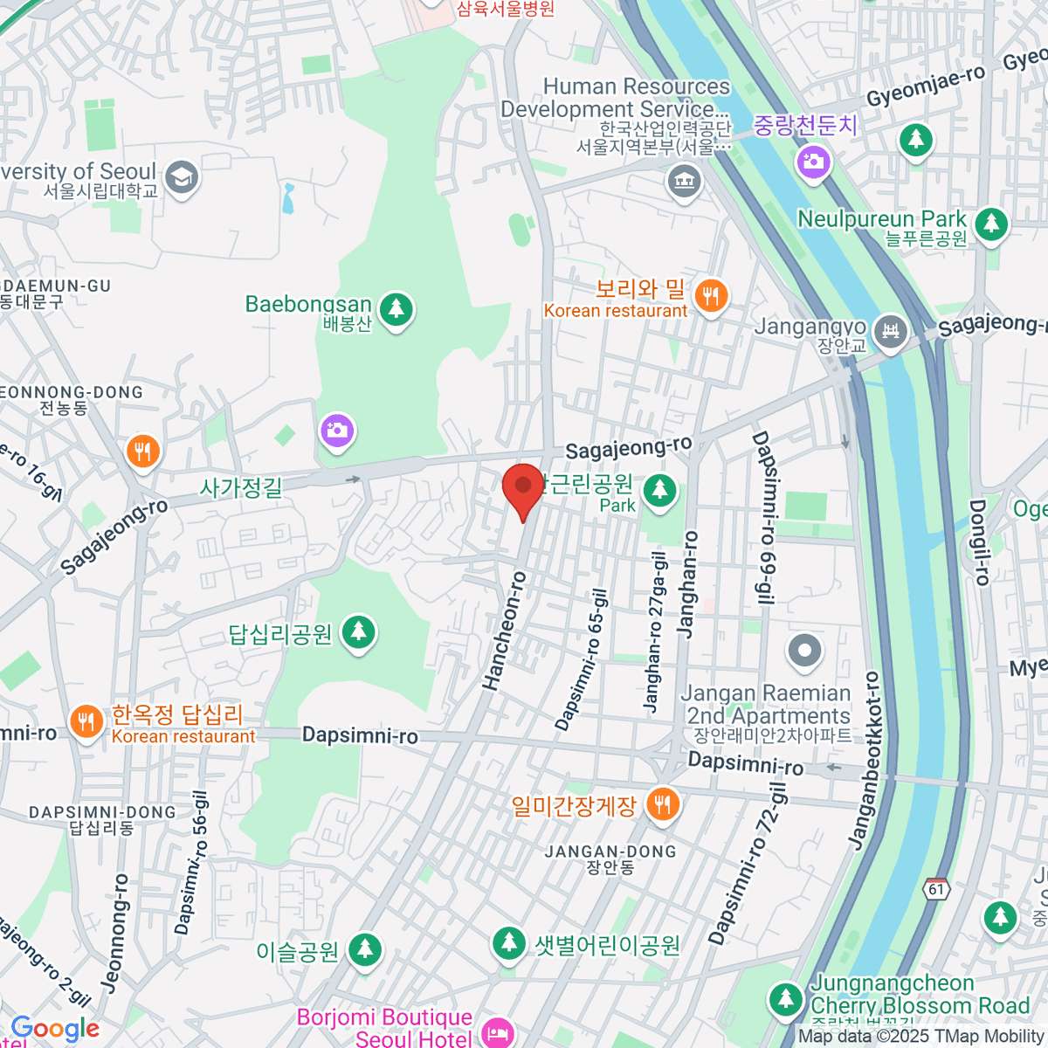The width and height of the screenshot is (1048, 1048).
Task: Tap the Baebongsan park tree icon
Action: pos(396,308)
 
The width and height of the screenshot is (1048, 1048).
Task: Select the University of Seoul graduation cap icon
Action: pos(182,178)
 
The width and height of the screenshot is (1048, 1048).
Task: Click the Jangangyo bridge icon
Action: pos(890,333)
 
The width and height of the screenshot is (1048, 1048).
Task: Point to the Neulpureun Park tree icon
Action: pos(990,224)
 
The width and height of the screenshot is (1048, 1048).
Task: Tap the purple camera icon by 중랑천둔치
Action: pos(813,162)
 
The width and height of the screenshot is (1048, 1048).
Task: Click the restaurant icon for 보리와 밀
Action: pos(713,296)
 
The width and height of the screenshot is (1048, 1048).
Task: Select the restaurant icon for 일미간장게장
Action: pos(663,803)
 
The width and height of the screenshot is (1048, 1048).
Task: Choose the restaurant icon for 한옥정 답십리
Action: pos(86,722)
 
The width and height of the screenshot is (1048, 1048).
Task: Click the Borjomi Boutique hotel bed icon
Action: pos(497,1032)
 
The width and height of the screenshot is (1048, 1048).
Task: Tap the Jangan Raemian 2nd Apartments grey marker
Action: pos(804,650)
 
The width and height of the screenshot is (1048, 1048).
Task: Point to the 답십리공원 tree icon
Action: pos(358,632)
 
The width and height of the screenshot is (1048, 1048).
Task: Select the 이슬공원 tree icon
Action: pos(364,950)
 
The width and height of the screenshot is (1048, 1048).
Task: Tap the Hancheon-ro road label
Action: pos(505,630)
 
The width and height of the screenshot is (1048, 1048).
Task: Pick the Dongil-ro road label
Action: pos(980,541)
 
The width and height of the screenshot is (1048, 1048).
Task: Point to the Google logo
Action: pos(54,1029)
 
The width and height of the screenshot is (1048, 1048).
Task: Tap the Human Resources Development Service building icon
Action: pos(684,183)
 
